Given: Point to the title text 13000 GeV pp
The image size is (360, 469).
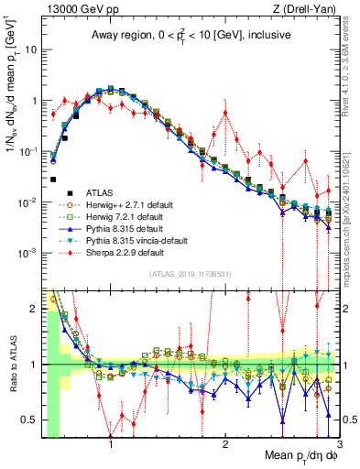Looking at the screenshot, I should coord(75,8).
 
